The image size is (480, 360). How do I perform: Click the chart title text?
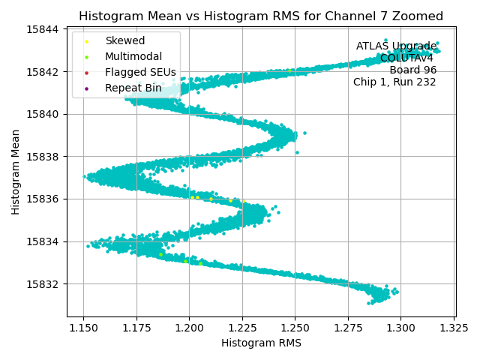[x=261, y=16]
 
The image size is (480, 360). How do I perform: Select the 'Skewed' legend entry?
[x=124, y=40]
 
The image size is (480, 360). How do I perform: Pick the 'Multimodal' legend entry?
[x=133, y=56]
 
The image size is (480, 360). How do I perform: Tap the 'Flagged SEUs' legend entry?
[x=140, y=72]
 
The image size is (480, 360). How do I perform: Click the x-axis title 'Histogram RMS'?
[x=261, y=343]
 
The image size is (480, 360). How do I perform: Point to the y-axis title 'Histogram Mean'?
[x=16, y=172]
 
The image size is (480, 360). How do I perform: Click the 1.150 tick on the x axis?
[x=83, y=328]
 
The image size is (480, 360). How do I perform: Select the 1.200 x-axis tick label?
[x=189, y=328]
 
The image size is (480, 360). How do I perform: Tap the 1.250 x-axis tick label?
[x=295, y=328]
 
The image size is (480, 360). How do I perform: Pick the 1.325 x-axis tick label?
[x=454, y=328]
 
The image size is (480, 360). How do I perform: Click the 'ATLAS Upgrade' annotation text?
[x=396, y=46]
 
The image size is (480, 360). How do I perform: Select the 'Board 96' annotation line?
[x=412, y=70]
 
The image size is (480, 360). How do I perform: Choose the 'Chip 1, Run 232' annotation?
[x=394, y=82]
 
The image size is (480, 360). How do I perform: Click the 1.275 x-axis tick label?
[x=348, y=328]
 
